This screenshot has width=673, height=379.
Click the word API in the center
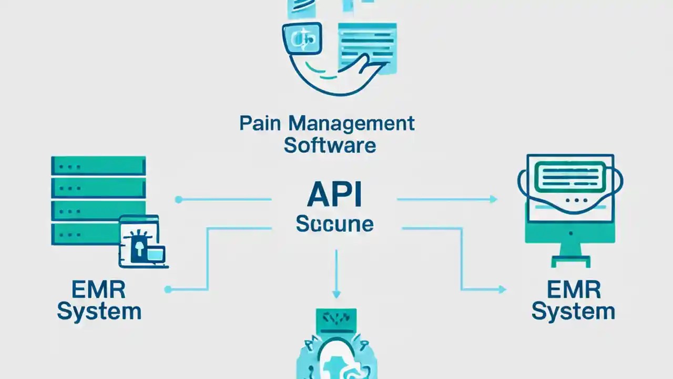click(x=334, y=195)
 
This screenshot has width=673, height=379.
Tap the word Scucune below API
click(x=334, y=224)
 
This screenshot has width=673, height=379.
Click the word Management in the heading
click(x=352, y=124)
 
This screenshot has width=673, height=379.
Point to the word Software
click(x=330, y=145)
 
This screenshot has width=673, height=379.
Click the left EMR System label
click(x=99, y=301)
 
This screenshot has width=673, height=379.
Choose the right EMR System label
click(x=573, y=301)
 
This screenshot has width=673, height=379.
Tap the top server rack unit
click(x=98, y=166)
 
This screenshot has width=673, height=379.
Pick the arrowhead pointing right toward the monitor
click(x=493, y=199)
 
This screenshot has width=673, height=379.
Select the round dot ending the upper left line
click(x=178, y=200)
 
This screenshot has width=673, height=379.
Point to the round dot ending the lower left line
click(x=168, y=289)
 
